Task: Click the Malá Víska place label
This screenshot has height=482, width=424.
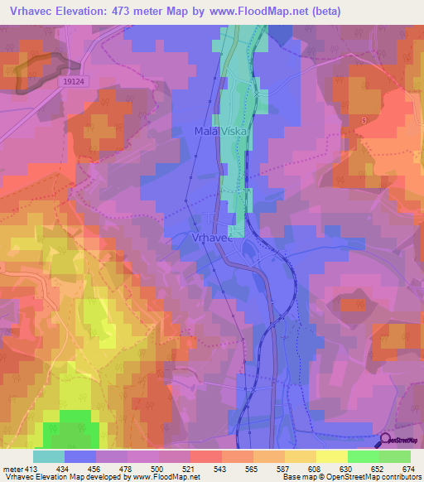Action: pos(219,132)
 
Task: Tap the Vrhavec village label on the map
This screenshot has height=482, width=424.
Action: pos(200,237)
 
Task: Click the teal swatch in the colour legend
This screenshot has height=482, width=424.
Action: pos(49,456)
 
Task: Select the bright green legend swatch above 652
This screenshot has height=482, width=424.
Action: pos(364,456)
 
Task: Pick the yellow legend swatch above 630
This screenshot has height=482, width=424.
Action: pos(332,456)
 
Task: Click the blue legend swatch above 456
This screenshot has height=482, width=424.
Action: pos(80,456)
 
